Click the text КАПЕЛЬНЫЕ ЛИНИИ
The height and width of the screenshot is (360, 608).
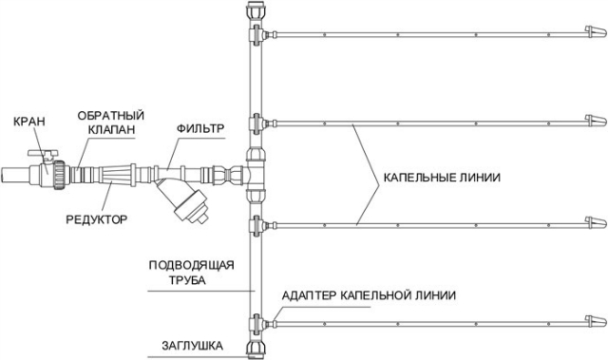point(441,178)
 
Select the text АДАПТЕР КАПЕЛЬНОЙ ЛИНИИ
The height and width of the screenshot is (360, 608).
point(369,296)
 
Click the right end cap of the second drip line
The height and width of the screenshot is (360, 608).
point(593,122)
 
